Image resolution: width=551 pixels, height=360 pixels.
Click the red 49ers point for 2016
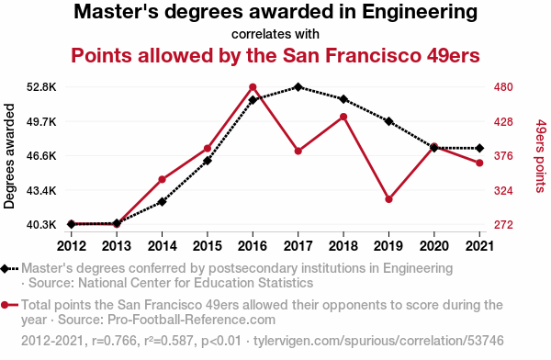pos(253,87)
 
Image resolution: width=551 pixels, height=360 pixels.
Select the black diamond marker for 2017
pos(298,87)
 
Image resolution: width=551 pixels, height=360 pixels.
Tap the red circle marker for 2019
pos(388,199)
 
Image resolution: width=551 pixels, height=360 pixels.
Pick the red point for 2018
pos(343,117)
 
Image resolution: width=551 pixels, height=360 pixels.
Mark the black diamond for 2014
pos(162,202)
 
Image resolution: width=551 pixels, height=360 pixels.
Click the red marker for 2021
pos(479,163)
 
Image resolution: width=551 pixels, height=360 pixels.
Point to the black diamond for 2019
pos(388,121)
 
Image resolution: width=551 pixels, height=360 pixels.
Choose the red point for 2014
pos(162,180)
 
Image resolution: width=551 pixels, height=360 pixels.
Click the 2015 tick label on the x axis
pos(208,246)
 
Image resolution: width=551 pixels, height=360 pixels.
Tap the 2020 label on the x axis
pos(434,246)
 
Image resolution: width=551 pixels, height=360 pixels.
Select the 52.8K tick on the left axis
pos(41,87)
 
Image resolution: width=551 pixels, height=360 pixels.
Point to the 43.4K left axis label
pos(41,190)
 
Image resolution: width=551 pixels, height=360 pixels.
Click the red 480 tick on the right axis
pos(503,87)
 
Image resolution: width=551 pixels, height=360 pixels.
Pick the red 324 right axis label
pos(503,190)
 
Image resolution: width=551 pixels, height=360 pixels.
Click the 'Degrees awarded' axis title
pos(9,156)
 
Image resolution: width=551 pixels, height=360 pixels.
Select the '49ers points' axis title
pos(541,156)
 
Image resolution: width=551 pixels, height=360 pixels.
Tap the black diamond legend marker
pos(5,269)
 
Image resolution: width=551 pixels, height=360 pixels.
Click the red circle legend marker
pos(5,305)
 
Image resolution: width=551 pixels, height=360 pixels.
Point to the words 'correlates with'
pos(275,34)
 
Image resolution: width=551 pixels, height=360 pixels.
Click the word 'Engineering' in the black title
pos(420,12)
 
